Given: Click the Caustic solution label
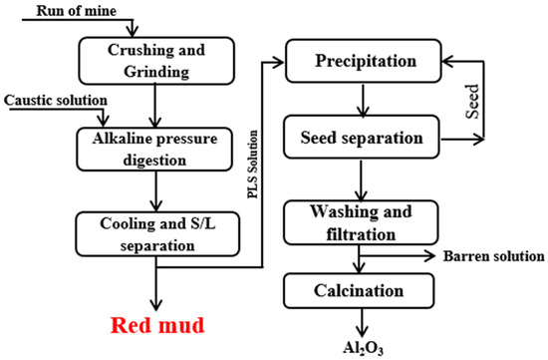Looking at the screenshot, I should (x=53, y=103).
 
